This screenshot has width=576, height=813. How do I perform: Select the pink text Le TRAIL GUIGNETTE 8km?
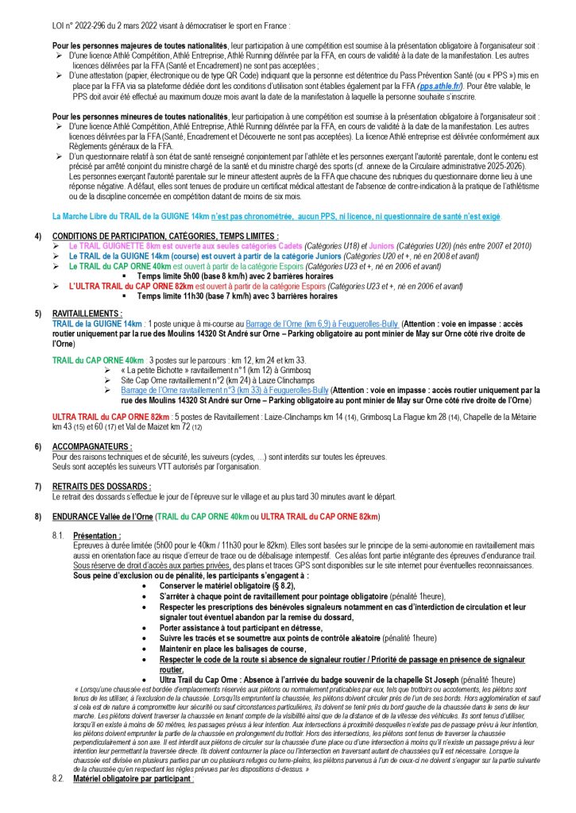[x=118, y=247]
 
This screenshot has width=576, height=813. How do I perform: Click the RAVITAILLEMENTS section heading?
[x=87, y=314]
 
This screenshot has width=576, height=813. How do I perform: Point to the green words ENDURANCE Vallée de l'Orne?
[x=102, y=517]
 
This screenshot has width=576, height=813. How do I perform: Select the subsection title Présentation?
[x=95, y=537]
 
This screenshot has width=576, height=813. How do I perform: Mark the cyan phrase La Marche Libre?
[x=87, y=216]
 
